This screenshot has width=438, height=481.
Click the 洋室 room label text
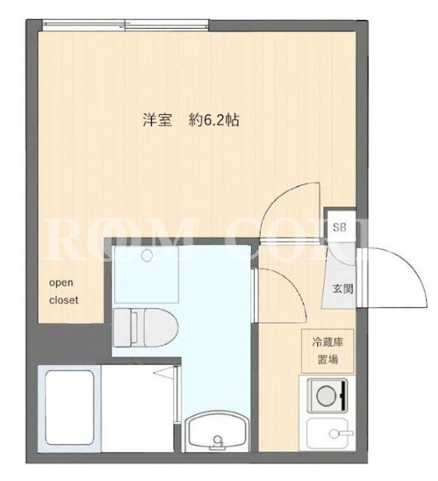[x=157, y=120]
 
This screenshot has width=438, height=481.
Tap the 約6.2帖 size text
[x=213, y=120]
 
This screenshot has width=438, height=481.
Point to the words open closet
[x=64, y=291]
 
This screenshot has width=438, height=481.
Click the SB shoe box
[x=340, y=227]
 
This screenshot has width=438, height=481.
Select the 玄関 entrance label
[x=343, y=289]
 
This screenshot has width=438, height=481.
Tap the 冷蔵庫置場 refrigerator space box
[x=328, y=351]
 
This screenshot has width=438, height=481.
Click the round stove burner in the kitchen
[x=327, y=396]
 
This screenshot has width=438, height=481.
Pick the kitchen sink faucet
[x=340, y=433]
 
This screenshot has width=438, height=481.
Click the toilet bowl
[x=161, y=328]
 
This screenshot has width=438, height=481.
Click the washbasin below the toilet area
[x=217, y=432]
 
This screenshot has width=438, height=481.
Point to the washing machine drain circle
[x=147, y=255]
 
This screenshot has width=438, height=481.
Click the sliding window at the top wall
[x=125, y=26]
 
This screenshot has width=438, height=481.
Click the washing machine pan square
[x=146, y=274]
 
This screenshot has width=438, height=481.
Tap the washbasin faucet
[x=217, y=441]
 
